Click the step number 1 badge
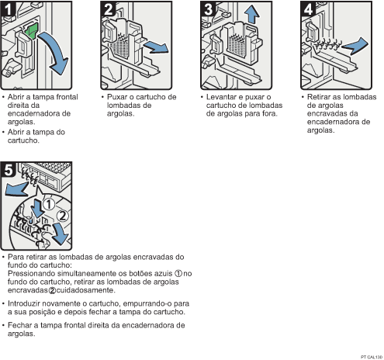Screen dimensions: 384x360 [x=9, y=9]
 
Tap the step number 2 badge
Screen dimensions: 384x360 [x=109, y=9]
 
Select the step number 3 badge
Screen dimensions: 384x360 [x=209, y=9]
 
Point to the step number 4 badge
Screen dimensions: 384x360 [x=309, y=9]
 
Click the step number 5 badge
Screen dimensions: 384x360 [x=9, y=170]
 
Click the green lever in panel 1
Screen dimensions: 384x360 [x=32, y=30]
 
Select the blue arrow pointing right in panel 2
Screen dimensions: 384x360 [x=156, y=47]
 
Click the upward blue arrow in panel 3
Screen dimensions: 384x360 [x=252, y=15]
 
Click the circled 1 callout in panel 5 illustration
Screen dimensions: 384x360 [x=49, y=204]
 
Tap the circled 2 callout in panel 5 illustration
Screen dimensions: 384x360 [x=63, y=216]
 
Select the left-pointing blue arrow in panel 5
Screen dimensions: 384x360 [x=16, y=189]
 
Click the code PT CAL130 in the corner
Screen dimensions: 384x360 [x=372, y=357]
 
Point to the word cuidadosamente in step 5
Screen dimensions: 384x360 [x=85, y=290]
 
